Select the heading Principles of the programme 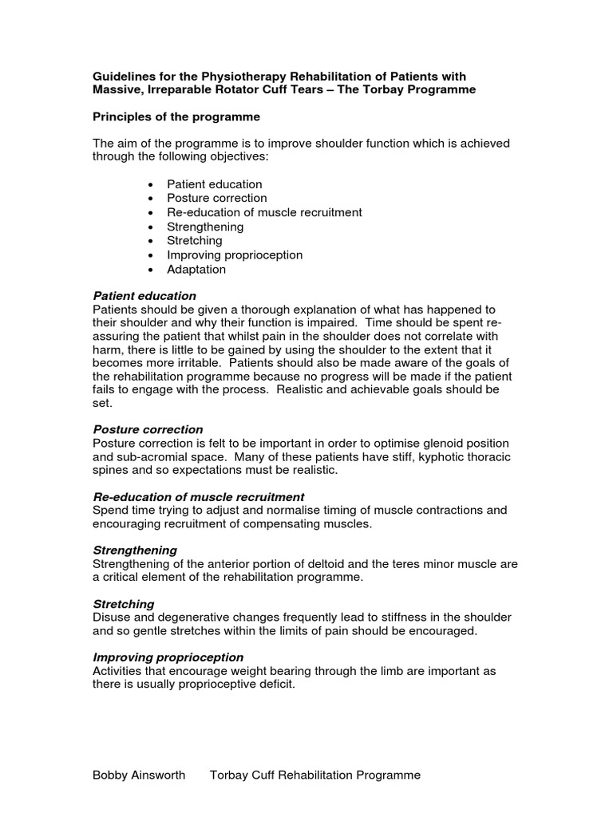point(176,116)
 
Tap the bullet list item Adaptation point(196,270)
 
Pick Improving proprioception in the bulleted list point(235,255)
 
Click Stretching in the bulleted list point(195,241)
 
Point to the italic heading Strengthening point(135,551)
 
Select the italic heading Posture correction point(148,429)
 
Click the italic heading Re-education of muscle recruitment point(199,496)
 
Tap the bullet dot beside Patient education point(152,184)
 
